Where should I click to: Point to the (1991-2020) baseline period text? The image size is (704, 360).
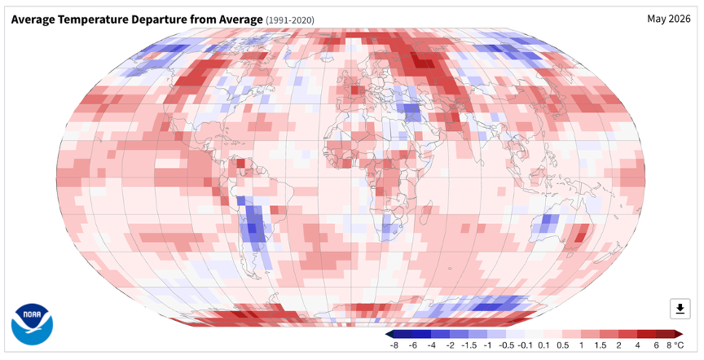tap(290, 20)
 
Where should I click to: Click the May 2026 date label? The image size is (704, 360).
tap(668, 19)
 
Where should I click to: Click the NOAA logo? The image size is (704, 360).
tap(32, 324)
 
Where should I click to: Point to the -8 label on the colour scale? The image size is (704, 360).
tap(394, 345)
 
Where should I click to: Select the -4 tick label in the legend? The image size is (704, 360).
tap(431, 345)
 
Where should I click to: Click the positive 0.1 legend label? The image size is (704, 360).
tap(543, 345)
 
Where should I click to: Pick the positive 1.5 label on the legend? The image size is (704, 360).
tap(600, 345)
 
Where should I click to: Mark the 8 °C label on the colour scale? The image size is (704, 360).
tap(675, 345)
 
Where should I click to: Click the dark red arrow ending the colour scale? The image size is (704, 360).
tap(679, 334)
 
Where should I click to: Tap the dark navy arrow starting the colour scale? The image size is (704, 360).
tap(389, 334)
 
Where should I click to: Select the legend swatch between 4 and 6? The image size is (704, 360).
tap(646, 334)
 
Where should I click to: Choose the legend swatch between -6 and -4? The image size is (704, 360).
tap(421, 334)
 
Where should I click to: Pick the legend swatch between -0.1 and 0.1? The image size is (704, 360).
tap(534, 334)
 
